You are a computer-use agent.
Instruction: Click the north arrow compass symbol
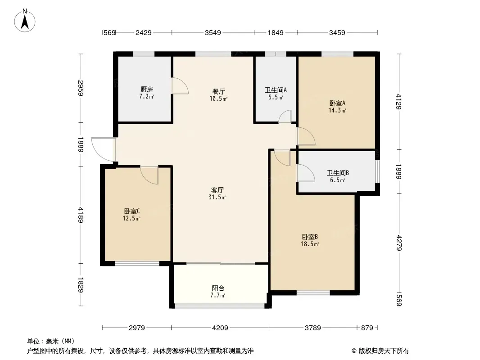point(25,21)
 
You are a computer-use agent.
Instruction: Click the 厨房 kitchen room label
point(147,89)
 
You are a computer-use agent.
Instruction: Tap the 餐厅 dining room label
point(218,91)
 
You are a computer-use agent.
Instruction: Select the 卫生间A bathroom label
point(276,90)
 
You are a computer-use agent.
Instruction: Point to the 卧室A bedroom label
point(337,103)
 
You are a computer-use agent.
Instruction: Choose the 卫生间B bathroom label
point(338,173)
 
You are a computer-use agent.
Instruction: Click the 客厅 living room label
point(217,190)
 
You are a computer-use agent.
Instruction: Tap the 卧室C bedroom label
point(132,211)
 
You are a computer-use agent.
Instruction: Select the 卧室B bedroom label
point(310,237)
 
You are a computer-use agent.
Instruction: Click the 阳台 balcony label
point(218,288)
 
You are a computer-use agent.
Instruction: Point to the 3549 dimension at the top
point(213,32)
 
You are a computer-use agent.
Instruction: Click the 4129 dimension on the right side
point(398,102)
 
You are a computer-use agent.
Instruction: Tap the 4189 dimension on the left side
point(81,215)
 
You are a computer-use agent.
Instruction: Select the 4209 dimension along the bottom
point(220,328)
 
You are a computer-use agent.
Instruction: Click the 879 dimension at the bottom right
point(367,328)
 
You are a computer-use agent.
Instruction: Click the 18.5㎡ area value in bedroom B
point(310,244)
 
